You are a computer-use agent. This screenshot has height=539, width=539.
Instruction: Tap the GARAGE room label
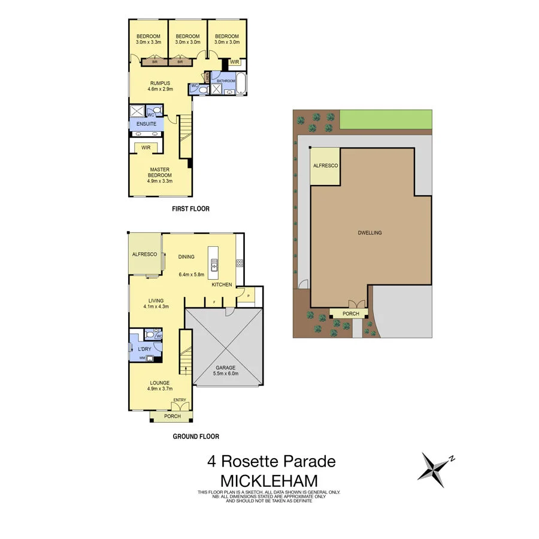point(225,368)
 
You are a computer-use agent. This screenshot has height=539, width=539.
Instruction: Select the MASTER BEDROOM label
point(161,172)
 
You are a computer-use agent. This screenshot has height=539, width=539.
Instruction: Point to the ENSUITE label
point(146,124)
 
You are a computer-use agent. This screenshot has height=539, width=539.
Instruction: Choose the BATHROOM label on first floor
point(226,80)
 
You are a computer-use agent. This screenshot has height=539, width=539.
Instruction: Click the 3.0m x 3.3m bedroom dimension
point(147,43)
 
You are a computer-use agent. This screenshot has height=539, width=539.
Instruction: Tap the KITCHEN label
point(222,284)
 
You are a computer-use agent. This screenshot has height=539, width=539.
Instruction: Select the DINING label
point(186,257)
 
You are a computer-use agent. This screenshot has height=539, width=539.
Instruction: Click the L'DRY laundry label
point(144,349)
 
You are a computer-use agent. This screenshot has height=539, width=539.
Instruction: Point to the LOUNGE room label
point(160,383)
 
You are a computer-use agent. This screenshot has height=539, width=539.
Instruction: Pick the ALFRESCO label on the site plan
point(326,165)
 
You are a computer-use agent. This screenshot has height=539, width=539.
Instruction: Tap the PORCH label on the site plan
point(351,314)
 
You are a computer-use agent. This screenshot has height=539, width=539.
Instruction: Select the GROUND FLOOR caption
point(196,437)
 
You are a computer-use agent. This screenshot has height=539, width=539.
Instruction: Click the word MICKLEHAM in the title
point(269,481)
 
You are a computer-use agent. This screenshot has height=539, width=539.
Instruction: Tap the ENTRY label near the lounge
point(180,400)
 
